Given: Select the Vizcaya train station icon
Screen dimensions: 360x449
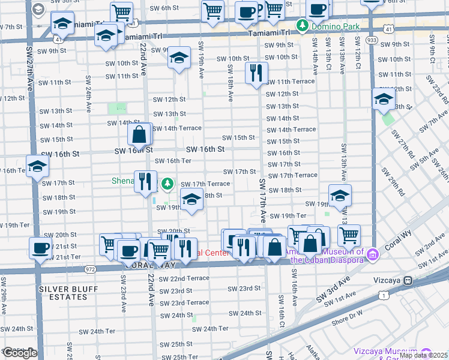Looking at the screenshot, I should pos(408,280).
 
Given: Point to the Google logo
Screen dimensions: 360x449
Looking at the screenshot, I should pos(19,353).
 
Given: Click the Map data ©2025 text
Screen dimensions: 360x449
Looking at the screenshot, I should pos(423,355).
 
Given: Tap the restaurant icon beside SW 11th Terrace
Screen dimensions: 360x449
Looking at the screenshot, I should pos(256,73).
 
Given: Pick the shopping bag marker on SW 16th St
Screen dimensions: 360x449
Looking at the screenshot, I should pos(139,134).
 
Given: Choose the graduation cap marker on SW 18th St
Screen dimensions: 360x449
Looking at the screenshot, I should pos(191,200).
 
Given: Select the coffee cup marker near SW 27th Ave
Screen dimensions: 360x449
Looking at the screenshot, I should pos(40,248).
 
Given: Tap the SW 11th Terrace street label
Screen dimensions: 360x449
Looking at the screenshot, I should pos(291,81).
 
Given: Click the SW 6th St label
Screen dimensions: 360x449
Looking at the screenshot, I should pos(164,8).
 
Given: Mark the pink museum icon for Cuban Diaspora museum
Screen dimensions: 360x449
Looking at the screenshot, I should pos(373,256).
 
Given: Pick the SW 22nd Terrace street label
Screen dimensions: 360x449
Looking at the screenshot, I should pos(189,279).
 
